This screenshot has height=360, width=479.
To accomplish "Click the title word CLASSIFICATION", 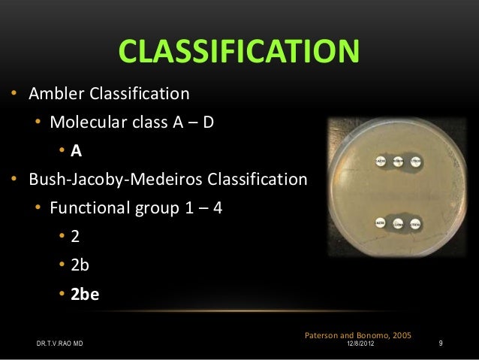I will coord(239,53).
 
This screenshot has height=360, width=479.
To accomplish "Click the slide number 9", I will coord(441,344).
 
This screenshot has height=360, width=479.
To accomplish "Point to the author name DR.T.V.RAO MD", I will coord(60,344).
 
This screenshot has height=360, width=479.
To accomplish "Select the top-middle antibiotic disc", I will coord(398,161).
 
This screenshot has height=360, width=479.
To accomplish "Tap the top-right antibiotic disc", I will coord(417,161).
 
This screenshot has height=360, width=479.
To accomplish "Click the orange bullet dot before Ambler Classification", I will coord(13,95).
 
